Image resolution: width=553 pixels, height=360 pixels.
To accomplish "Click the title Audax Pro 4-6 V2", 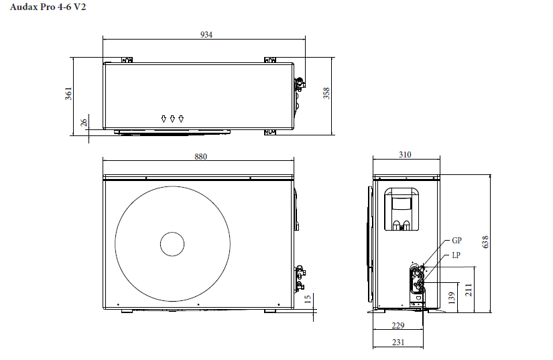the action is [48, 7].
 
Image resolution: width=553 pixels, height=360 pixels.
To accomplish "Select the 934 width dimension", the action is [206, 35].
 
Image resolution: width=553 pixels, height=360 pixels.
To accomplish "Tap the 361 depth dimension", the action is [68, 93].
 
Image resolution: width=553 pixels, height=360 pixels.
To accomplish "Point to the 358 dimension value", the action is [326, 93].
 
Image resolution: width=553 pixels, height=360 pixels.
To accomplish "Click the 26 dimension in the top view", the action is [84, 123].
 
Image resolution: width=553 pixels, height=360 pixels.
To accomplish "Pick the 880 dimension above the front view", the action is [200, 156].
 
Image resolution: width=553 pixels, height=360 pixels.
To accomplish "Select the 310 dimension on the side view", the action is [405, 154].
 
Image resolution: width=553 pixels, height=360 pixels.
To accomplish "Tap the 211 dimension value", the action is [469, 290].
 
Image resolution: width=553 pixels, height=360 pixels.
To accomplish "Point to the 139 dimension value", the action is [452, 298].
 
